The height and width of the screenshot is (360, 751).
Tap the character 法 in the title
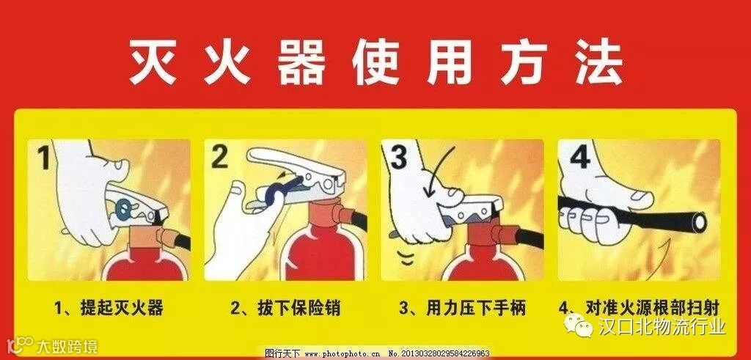(x=598, y=63)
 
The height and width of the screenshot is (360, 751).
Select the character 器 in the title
(x=301, y=63)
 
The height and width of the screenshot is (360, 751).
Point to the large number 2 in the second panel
(x=219, y=157)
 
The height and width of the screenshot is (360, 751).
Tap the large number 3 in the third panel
(x=398, y=157)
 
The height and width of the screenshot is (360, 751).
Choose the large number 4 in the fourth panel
(x=579, y=157)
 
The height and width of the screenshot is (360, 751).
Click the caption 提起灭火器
(x=109, y=307)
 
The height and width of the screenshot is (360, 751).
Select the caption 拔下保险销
(x=285, y=307)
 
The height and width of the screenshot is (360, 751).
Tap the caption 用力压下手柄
(x=462, y=307)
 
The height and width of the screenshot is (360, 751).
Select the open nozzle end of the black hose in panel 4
(x=700, y=221)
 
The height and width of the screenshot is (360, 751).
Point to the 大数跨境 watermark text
(x=67, y=345)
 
